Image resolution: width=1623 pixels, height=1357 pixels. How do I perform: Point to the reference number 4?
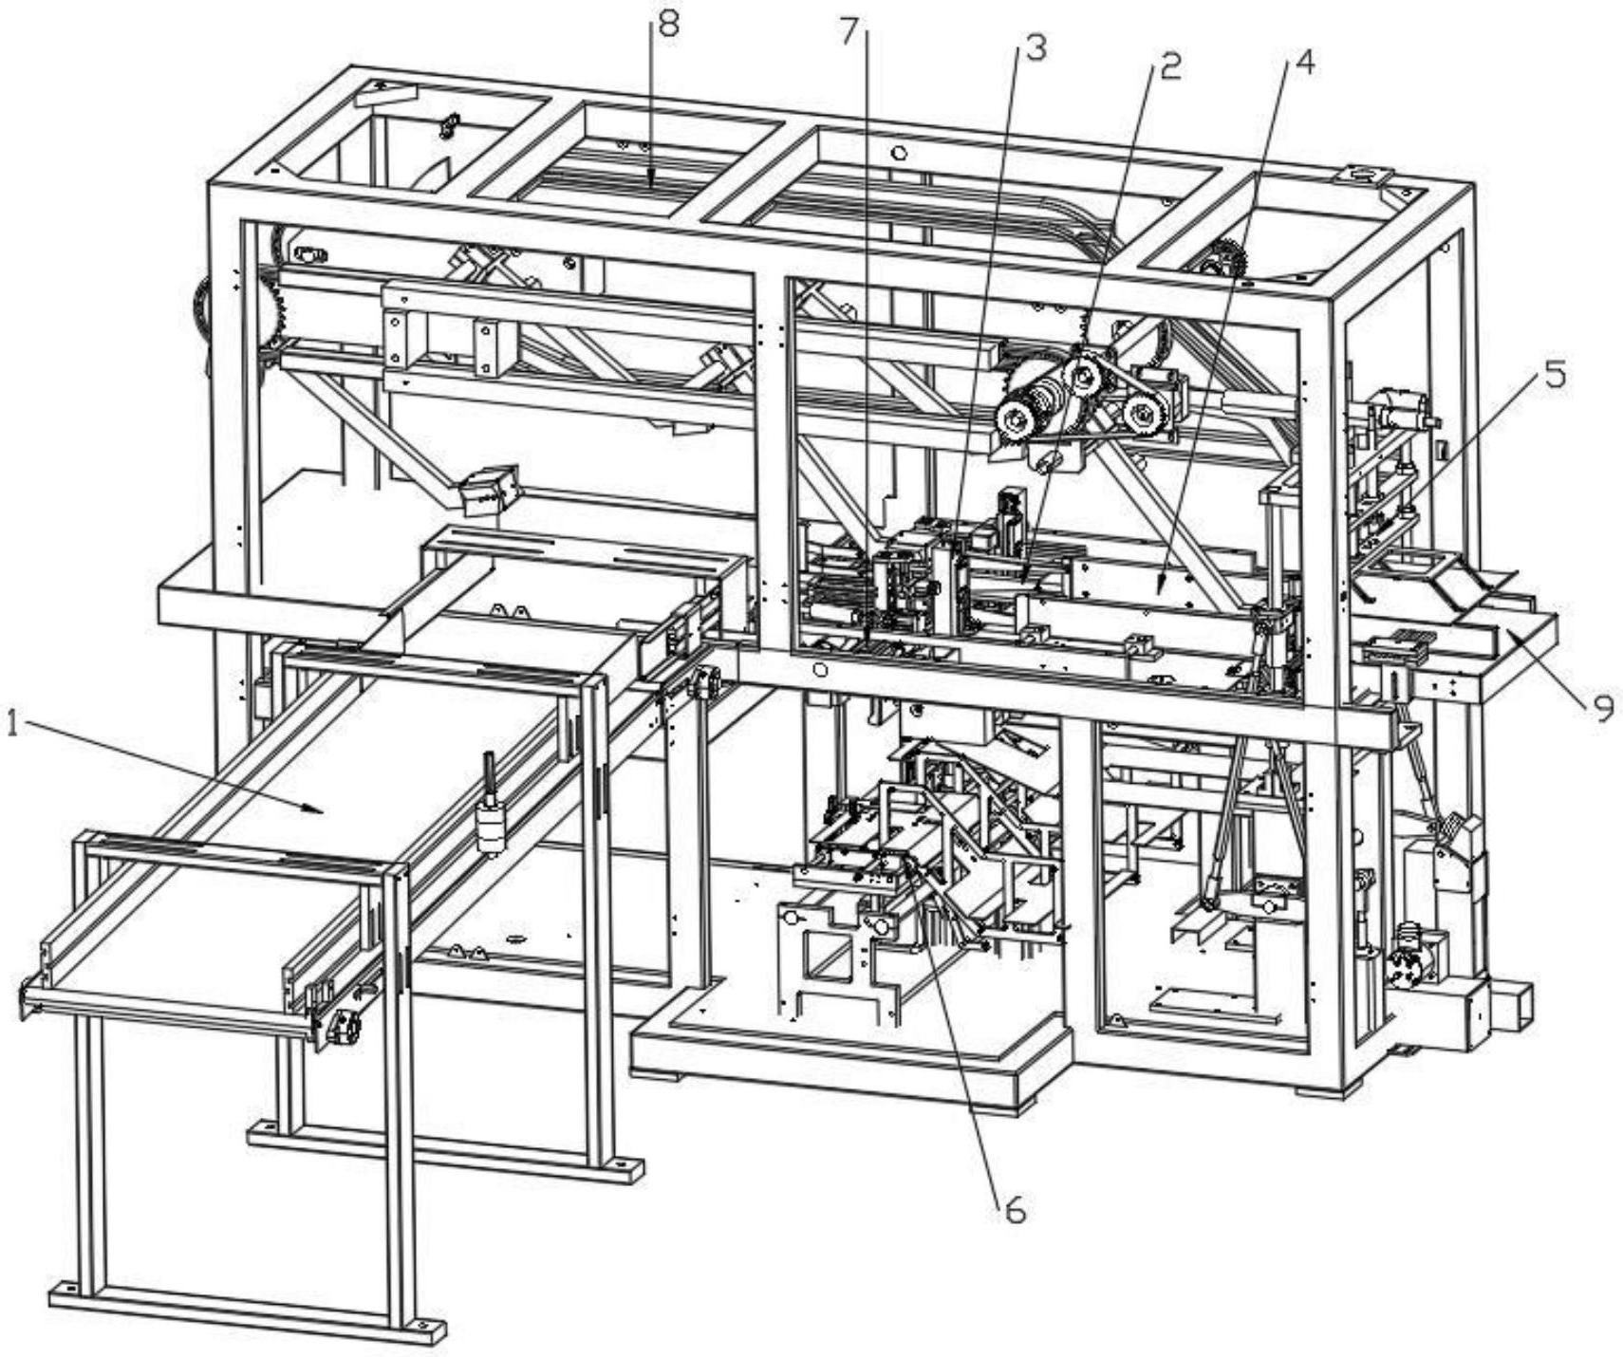pyautogui.click(x=1305, y=63)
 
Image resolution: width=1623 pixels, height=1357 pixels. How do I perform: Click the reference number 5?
pyautogui.click(x=1554, y=376)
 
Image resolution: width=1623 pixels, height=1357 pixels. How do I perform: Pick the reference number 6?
pyautogui.click(x=1015, y=1210)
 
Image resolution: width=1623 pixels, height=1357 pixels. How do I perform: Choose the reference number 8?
pyautogui.click(x=668, y=25)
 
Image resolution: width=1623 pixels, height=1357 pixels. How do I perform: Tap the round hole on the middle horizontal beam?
pyautogui.click(x=820, y=671)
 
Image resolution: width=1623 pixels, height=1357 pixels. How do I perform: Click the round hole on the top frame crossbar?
pyautogui.click(x=900, y=152)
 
